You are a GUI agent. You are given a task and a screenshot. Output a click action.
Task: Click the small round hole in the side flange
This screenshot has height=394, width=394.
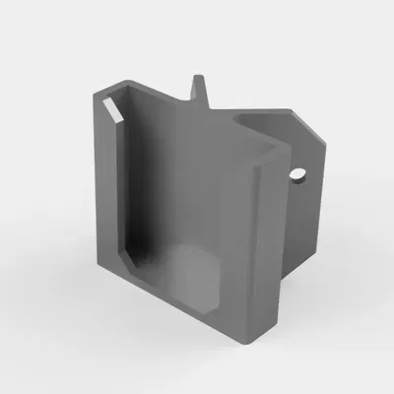point(296,176)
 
